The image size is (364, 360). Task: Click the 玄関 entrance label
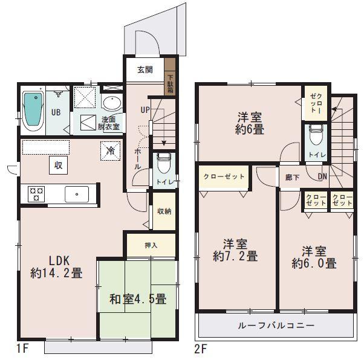point(145,69)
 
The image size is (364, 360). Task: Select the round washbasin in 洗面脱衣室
point(111,101)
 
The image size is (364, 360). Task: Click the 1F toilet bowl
point(162,162)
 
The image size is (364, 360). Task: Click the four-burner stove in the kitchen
point(36,194)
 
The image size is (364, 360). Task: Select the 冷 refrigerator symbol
point(111,150)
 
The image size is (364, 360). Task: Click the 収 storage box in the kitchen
point(59,164)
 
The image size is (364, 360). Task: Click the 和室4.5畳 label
point(138,298)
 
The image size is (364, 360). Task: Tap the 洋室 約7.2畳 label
point(235,250)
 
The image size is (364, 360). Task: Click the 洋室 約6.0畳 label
point(314,257)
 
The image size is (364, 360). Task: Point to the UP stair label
point(145,110)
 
